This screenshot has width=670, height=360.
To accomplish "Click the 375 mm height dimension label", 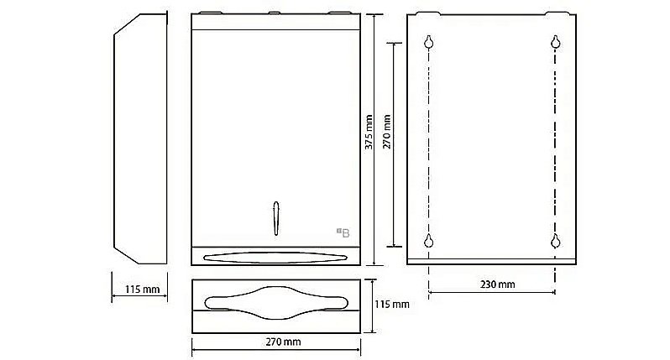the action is (369, 132).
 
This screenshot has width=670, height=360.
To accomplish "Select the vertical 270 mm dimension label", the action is (387, 132).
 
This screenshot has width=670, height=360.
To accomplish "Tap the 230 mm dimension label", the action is (497, 284).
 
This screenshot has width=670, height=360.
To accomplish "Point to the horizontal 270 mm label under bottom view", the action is (283, 342).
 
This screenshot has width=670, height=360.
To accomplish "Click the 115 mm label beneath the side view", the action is (142, 290).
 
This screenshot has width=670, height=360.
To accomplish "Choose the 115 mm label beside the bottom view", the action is (392, 305).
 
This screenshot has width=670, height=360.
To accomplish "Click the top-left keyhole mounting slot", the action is (429, 42).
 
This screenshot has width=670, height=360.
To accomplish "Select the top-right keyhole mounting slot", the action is (556, 42).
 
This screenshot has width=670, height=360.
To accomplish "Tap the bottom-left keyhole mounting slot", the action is (428, 241).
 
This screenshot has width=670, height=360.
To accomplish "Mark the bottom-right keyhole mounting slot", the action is (556, 241).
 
